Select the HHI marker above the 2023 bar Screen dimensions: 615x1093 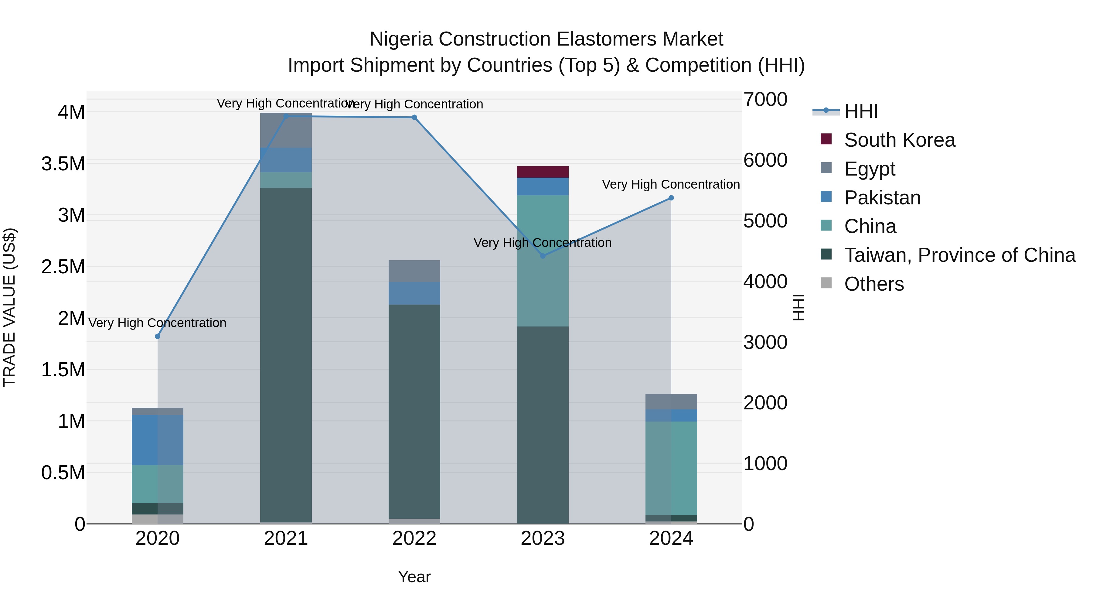pyautogui.click(x=543, y=256)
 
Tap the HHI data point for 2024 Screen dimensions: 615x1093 pyautogui.click(x=671, y=198)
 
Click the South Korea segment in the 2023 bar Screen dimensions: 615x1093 pyautogui.click(x=543, y=172)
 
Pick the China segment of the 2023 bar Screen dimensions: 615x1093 pyautogui.click(x=543, y=261)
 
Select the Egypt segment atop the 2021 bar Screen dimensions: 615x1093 pyautogui.click(x=286, y=131)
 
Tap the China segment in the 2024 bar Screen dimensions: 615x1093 pyautogui.click(x=671, y=468)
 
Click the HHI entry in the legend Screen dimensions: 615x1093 pyautogui.click(x=860, y=111)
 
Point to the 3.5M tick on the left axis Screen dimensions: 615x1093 pyautogui.click(x=63, y=164)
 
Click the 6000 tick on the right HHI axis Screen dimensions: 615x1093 pyautogui.click(x=765, y=160)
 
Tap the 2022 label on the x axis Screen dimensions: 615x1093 pyautogui.click(x=414, y=538)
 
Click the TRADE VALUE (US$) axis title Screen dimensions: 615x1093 pyautogui.click(x=9, y=307)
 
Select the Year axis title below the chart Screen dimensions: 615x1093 pyautogui.click(x=414, y=577)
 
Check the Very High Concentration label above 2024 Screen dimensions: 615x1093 pyautogui.click(x=670, y=184)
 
